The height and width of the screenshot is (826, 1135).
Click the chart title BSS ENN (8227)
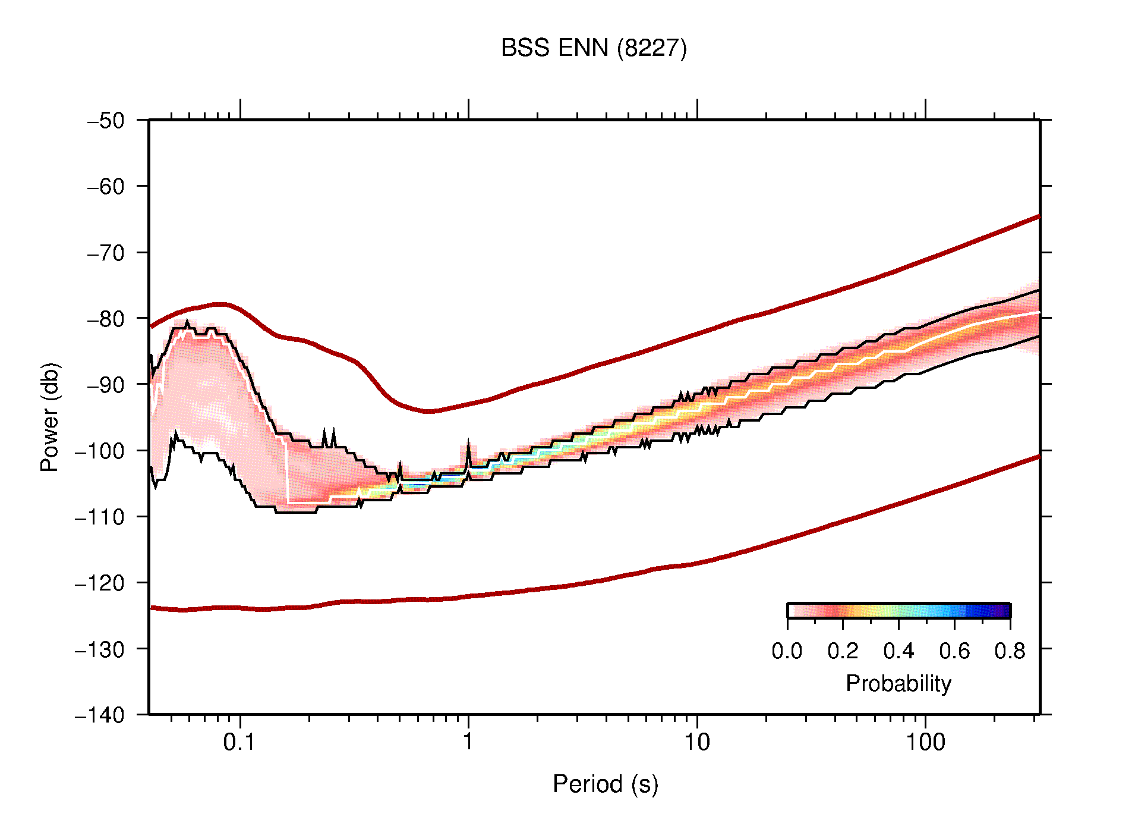pos(594,48)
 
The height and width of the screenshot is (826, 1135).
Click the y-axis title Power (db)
pos(51,417)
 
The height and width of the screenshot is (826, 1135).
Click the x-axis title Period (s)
pos(605,784)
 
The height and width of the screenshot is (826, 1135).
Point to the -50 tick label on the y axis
pos(106,121)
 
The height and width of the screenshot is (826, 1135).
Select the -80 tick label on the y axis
pos(106,319)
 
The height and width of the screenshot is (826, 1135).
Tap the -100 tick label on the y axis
pos(100,451)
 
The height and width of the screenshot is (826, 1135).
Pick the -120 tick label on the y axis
pos(100,583)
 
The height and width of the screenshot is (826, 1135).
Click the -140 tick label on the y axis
pos(100,715)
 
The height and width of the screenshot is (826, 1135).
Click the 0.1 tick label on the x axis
pos(239,742)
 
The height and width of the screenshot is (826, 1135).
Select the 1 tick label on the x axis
pos(468,742)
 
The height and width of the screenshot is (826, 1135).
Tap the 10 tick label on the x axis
pos(696,742)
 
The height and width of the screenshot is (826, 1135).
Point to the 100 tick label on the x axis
pos(925,742)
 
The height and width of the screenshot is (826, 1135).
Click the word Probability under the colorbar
pos(898,684)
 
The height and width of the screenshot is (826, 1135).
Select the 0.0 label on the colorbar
pos(787,651)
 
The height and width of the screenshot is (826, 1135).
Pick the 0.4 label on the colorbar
pos(898,651)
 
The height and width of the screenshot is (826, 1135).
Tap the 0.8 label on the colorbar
pos(1010,651)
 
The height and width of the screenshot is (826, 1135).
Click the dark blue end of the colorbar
pos(1004,611)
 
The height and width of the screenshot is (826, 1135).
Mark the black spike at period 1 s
pos(468,447)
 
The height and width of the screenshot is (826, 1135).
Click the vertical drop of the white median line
pos(286,473)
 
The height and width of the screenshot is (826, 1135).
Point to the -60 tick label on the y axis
pos(106,187)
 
